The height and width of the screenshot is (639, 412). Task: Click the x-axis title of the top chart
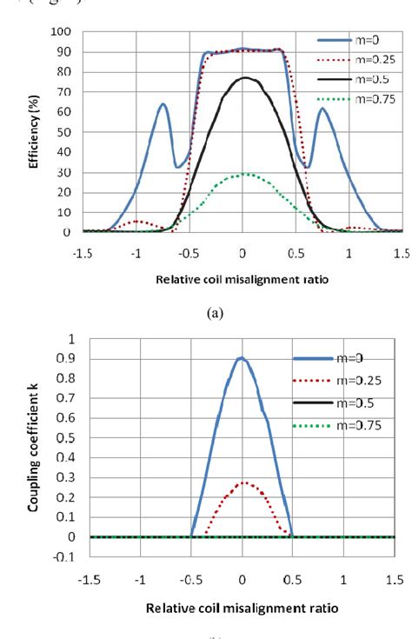coord(243,282)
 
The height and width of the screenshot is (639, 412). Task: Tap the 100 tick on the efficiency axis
coord(61,31)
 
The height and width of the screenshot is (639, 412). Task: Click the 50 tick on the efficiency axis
coord(63,132)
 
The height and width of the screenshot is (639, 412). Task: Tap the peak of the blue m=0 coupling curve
coord(243,357)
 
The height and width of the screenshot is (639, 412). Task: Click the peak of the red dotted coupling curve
coord(243,482)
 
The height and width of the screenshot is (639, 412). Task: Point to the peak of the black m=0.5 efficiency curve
coord(244,78)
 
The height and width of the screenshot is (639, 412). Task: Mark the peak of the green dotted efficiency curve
coord(246,174)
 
